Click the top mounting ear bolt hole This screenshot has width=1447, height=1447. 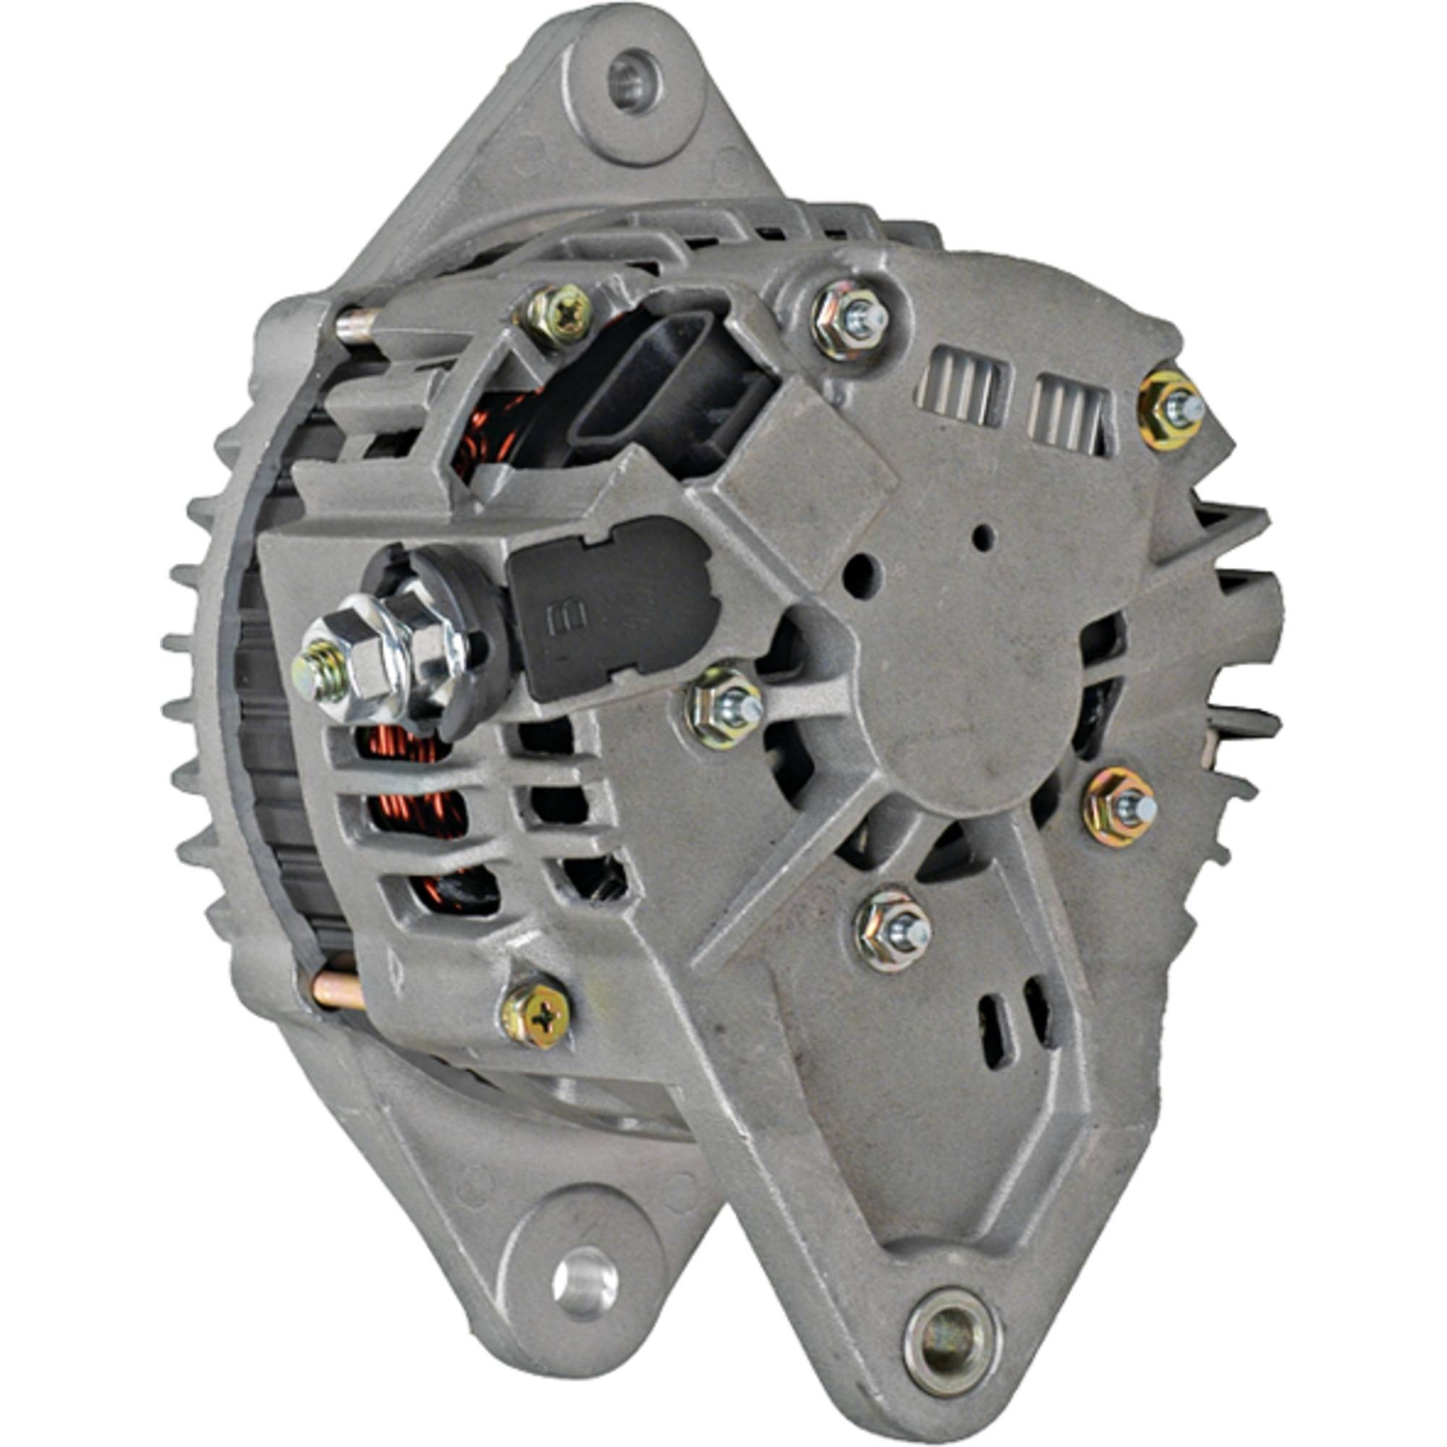pyautogui.click(x=634, y=82)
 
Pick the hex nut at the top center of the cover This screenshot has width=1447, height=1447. pyautogui.click(x=853, y=320)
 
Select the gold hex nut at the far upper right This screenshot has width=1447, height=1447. pyautogui.click(x=1171, y=410)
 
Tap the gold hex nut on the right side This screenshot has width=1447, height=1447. pyautogui.click(x=1121, y=807)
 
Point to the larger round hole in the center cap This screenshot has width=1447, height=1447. pyautogui.click(x=860, y=575)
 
